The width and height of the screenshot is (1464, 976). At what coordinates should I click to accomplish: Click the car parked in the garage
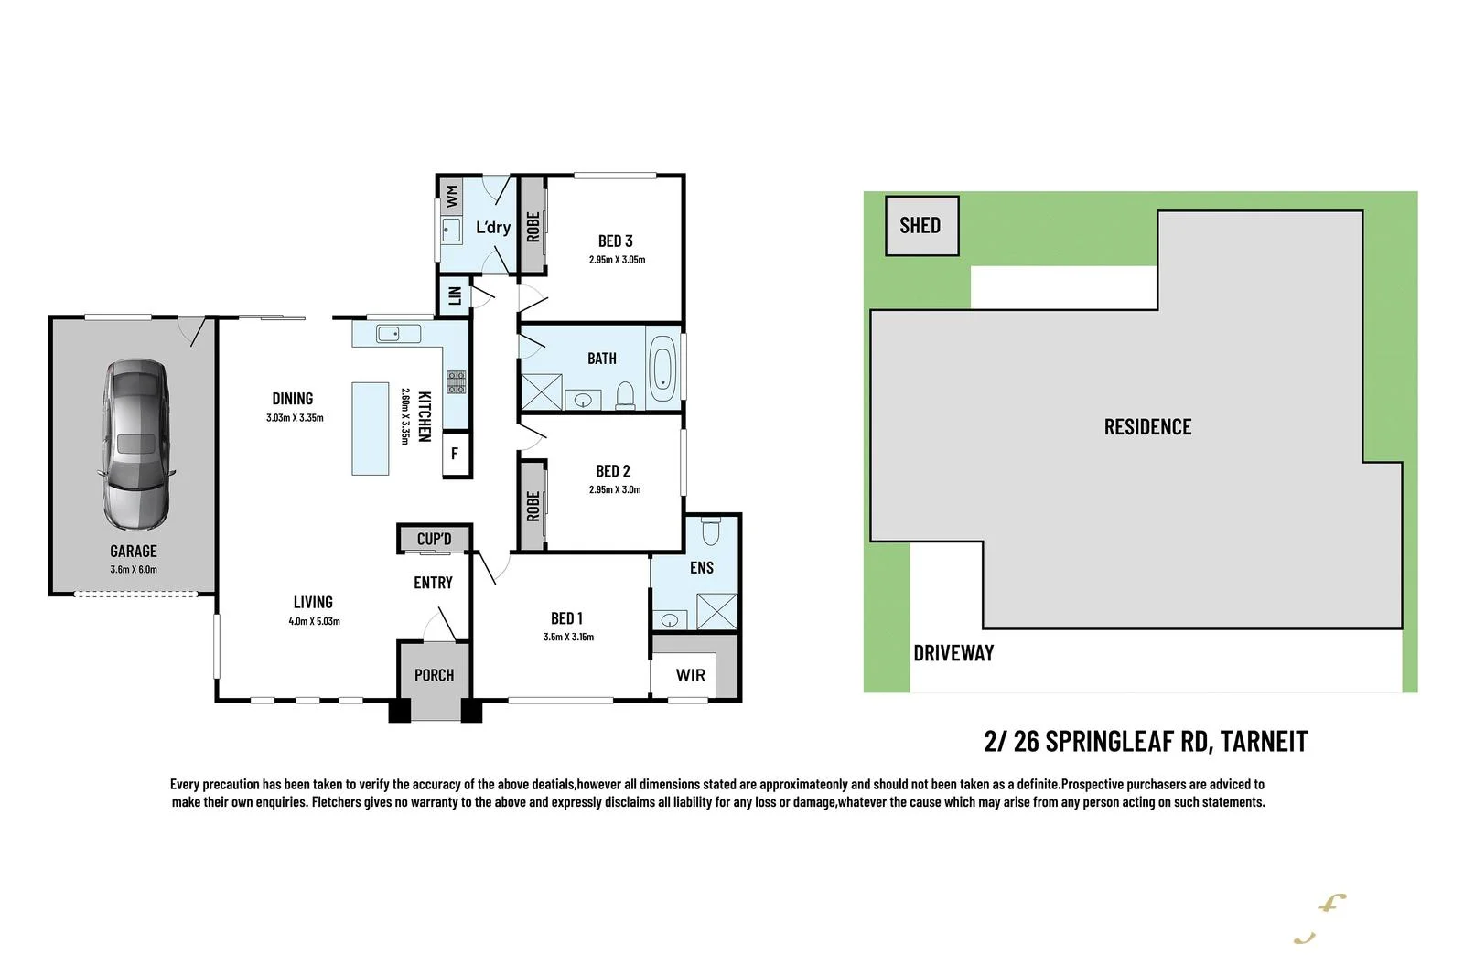click(x=135, y=445)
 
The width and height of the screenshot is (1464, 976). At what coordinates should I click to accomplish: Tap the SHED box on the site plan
click(x=920, y=225)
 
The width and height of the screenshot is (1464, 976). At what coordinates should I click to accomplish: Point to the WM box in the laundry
click(x=451, y=194)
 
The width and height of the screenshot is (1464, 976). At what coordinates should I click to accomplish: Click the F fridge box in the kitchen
click(x=455, y=454)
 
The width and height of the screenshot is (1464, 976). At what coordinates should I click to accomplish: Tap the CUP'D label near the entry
click(x=434, y=539)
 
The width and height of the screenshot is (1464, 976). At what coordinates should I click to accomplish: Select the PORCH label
click(x=434, y=675)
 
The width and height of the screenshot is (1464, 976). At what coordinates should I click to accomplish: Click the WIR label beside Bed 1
click(x=690, y=675)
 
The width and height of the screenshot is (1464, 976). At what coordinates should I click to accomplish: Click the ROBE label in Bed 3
click(x=533, y=227)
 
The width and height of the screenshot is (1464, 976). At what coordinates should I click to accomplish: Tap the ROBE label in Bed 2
click(x=533, y=506)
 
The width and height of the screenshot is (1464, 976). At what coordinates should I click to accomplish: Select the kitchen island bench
click(x=371, y=428)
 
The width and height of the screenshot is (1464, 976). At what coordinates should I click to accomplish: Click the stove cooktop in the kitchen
click(x=456, y=382)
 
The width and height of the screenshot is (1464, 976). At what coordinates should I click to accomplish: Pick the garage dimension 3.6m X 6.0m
click(x=134, y=569)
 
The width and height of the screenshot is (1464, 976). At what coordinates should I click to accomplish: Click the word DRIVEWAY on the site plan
click(x=953, y=653)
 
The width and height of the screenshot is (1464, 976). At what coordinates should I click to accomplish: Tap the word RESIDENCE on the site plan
click(x=1147, y=427)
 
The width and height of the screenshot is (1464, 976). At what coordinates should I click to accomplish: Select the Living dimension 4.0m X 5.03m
click(x=314, y=621)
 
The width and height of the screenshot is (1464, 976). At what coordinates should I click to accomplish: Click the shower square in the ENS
click(x=716, y=611)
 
